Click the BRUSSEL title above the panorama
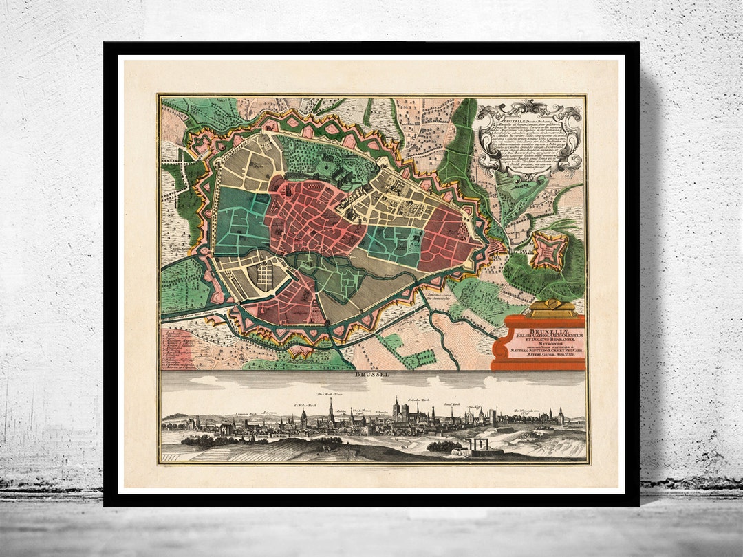[372, 375]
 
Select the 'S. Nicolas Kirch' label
[303, 406]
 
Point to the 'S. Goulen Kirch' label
[418, 399]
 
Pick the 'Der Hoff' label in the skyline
[473, 407]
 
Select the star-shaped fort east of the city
[549, 250]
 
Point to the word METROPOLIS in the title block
[545, 345]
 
